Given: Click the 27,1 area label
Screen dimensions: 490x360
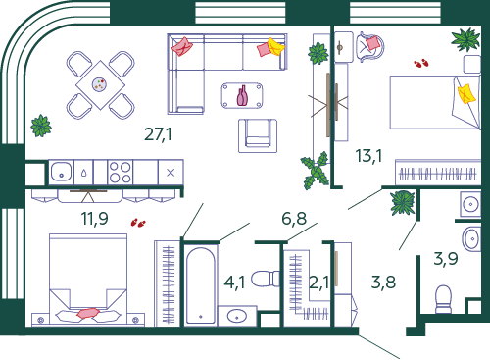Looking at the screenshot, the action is point(158,134).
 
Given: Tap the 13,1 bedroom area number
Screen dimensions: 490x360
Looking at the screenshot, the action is point(368,156).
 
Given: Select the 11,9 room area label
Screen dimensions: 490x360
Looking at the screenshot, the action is point(95,219).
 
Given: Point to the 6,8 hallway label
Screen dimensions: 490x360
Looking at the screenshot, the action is point(294,219).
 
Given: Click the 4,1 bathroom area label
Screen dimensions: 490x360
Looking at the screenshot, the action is point(234,283).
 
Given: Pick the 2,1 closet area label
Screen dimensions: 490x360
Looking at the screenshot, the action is point(318,283).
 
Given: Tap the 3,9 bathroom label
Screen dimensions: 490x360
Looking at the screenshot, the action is point(446,259).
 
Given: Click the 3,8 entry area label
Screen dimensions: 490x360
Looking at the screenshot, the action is point(383,283).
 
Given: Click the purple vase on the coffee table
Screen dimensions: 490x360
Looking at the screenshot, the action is point(242,95).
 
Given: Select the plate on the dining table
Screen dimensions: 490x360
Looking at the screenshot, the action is point(99,84).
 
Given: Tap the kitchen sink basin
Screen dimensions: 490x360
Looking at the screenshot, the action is point(61,173).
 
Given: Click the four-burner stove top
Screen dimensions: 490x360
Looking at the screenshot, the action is point(121,173).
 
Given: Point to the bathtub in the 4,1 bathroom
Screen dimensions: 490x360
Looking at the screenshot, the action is point(201,285).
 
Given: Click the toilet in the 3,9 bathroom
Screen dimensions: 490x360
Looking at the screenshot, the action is point(444,299).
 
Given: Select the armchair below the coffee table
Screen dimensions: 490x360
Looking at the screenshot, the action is point(258,135).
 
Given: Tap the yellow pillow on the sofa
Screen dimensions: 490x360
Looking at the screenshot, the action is point(275,47).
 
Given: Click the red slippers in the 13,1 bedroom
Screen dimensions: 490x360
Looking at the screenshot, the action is point(421,63).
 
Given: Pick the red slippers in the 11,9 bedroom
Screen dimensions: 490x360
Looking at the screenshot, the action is point(138,223).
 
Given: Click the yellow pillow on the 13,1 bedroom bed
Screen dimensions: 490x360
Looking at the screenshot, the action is point(466,94).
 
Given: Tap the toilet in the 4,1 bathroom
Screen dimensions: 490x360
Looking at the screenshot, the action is point(266,279).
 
